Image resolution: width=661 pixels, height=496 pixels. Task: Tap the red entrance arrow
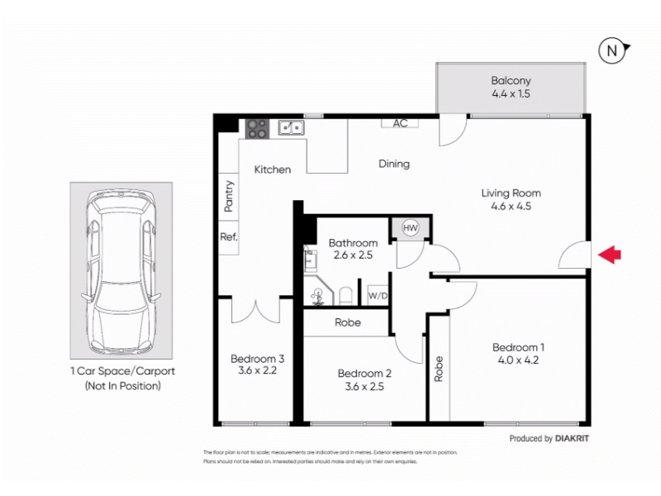[x=610, y=255]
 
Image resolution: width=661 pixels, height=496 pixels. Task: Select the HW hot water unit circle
[x=410, y=228]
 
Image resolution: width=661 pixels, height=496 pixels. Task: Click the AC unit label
[x=400, y=123]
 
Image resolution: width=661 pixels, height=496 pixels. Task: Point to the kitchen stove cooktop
[x=257, y=129]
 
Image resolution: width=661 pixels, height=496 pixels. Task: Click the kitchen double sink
[x=292, y=127]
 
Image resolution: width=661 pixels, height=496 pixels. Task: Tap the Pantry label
[x=229, y=196]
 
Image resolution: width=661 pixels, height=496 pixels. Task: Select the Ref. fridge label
[x=229, y=236]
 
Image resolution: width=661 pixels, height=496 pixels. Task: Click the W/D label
[x=378, y=296]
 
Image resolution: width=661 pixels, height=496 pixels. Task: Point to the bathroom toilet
[x=345, y=296]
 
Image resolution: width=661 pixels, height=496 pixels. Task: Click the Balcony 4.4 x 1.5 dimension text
[x=511, y=93]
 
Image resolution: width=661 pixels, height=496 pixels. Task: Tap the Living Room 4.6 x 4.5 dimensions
[x=511, y=206]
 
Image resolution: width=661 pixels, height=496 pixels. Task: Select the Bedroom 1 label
[x=519, y=347]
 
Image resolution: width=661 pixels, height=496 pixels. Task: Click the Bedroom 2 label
[x=364, y=374]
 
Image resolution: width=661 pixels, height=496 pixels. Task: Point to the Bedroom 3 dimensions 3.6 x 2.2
[x=257, y=370]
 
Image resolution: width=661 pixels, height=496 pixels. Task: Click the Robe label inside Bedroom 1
[x=439, y=369]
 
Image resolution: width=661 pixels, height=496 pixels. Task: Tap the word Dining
[x=394, y=164]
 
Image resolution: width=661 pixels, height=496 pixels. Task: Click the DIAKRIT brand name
[x=572, y=438]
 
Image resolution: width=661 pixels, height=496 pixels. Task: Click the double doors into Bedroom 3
[x=255, y=310]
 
